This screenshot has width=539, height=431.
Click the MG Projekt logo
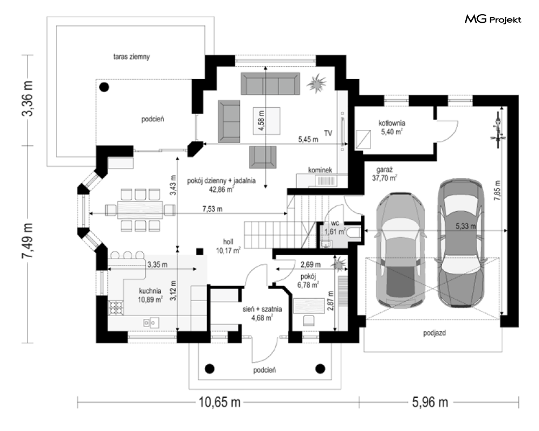click(493, 19)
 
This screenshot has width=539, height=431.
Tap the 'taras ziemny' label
click(132, 57)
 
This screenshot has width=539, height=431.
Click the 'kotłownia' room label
click(392, 123)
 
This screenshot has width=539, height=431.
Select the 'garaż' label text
click(384, 169)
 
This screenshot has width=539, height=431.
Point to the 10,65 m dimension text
click(219, 402)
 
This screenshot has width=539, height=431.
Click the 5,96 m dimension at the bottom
click(430, 402)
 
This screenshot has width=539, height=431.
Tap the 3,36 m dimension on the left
click(28, 99)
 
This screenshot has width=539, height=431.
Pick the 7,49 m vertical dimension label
click(28, 241)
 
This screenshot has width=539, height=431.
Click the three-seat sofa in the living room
click(270, 83)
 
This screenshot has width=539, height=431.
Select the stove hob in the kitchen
click(116, 308)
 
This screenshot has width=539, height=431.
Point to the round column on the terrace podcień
click(104, 87)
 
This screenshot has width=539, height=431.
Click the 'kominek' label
click(320, 170)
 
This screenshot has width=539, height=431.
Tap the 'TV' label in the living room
click(328, 133)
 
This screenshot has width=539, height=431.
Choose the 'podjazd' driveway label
click(434, 332)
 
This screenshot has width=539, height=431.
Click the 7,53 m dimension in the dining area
click(212, 208)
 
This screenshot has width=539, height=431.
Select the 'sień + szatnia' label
click(262, 309)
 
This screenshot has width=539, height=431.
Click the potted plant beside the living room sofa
click(316, 83)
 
